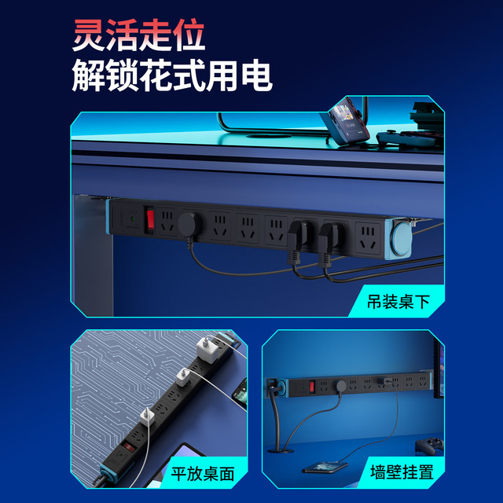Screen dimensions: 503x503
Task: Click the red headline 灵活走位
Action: click(138, 35)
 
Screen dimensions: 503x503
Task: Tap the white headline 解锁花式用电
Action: click(172, 75)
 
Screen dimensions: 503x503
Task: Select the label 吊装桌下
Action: click(398, 302)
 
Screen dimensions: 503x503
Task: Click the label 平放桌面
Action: click(203, 473)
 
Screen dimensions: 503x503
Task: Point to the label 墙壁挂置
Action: click(402, 472)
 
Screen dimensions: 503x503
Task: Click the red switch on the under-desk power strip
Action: click(149, 220)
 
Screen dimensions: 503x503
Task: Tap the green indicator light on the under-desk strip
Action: click(132, 219)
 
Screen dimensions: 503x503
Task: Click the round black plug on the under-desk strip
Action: click(189, 224)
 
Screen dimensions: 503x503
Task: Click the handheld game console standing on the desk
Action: click(347, 123)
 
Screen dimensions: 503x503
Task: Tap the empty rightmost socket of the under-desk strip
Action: click(368, 237)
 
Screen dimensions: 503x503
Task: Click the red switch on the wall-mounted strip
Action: click(311, 387)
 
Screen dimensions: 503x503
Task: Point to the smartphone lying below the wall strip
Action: click(325, 467)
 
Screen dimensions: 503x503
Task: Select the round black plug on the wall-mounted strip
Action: click(340, 386)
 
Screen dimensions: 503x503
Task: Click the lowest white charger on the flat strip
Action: click(147, 417)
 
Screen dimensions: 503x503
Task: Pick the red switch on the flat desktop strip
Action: click(128, 447)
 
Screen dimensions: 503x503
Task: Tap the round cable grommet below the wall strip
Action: click(281, 450)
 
